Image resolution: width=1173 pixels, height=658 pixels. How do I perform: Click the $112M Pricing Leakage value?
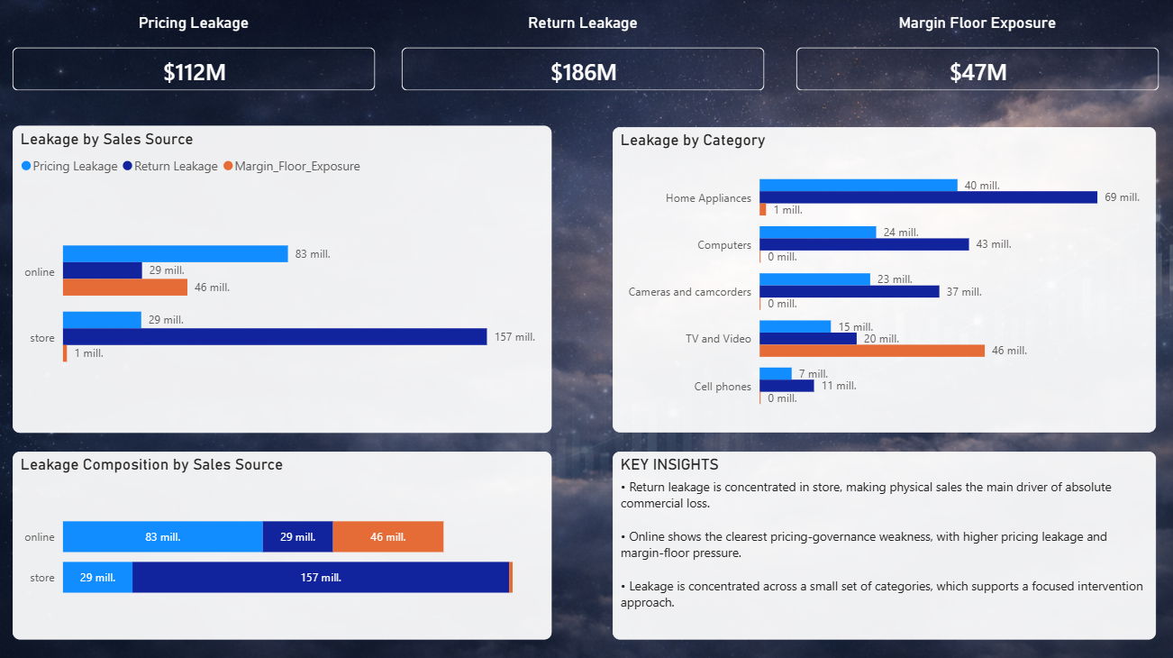pyautogui.click(x=194, y=72)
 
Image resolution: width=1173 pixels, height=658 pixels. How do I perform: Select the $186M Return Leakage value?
pyautogui.click(x=583, y=72)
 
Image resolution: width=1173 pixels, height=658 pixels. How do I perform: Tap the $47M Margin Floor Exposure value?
pyautogui.click(x=977, y=72)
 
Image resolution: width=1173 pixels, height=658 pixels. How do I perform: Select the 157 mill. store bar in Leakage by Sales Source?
pyautogui.click(x=275, y=336)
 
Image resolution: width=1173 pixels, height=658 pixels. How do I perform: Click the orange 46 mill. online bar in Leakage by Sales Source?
pyautogui.click(x=125, y=288)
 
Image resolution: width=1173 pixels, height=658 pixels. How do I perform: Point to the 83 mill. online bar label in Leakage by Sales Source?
pyautogui.click(x=313, y=254)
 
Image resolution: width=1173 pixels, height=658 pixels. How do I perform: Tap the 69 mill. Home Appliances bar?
pyautogui.click(x=928, y=197)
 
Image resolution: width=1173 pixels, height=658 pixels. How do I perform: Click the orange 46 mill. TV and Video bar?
pyautogui.click(x=872, y=351)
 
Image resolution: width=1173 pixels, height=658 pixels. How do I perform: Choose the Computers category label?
pyautogui.click(x=723, y=245)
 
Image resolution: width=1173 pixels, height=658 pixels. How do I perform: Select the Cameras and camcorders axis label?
pyautogui.click(x=689, y=292)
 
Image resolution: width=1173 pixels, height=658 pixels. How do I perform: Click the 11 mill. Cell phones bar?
pyautogui.click(x=787, y=386)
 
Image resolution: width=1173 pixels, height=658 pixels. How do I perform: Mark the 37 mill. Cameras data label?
pyautogui.click(x=963, y=292)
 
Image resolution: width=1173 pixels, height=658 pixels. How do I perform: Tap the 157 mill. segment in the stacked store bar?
pyautogui.click(x=321, y=578)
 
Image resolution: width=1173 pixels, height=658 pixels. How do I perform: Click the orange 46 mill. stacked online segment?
pyautogui.click(x=387, y=537)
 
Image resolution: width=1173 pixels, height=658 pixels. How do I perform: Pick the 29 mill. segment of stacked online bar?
pyautogui.click(x=297, y=537)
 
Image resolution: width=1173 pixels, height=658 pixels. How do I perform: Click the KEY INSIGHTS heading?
pyautogui.click(x=669, y=465)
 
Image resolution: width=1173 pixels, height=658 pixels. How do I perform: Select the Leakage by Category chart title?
pyautogui.click(x=692, y=141)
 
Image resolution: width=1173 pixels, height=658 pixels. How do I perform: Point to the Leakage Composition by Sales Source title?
pyautogui.click(x=151, y=465)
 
